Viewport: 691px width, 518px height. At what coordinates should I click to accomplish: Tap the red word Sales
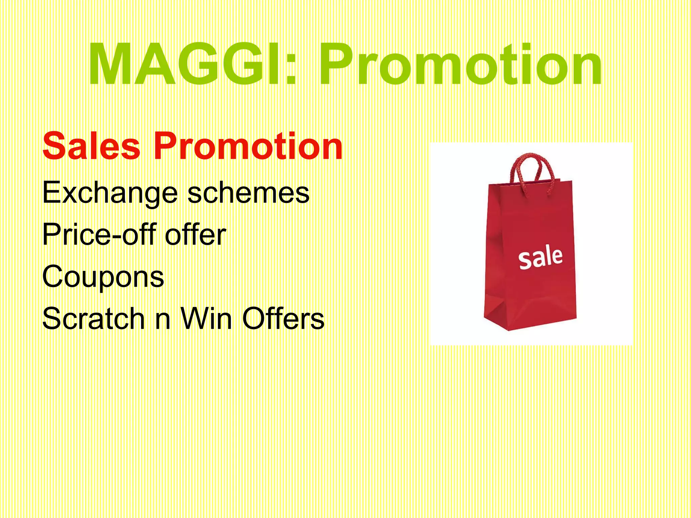point(91,146)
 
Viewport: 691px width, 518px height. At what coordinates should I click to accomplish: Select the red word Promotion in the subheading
point(248,146)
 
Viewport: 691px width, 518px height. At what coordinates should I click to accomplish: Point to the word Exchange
point(110,193)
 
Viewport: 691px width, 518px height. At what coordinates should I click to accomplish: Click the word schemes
point(248,193)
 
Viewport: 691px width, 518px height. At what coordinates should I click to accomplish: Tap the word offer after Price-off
point(195,235)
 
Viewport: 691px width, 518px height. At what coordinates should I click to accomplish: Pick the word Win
point(206,319)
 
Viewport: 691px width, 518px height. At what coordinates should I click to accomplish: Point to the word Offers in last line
point(283,319)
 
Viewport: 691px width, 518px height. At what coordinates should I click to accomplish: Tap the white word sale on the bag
point(541,258)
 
